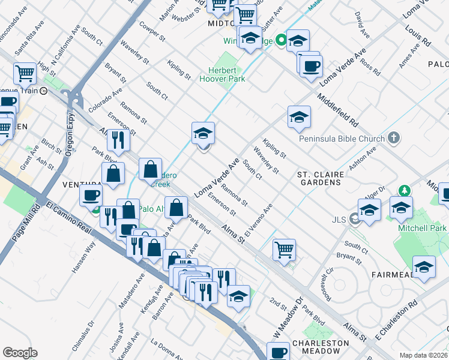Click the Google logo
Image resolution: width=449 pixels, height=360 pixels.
[20, 353]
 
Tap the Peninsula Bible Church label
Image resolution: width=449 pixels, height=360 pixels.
[342, 139]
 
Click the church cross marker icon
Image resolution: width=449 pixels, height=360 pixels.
[394, 139]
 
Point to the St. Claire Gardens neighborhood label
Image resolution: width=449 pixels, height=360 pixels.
[321, 178]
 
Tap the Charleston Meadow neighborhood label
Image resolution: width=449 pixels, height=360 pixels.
[321, 347]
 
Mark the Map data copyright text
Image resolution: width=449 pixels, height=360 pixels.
[424, 355]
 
